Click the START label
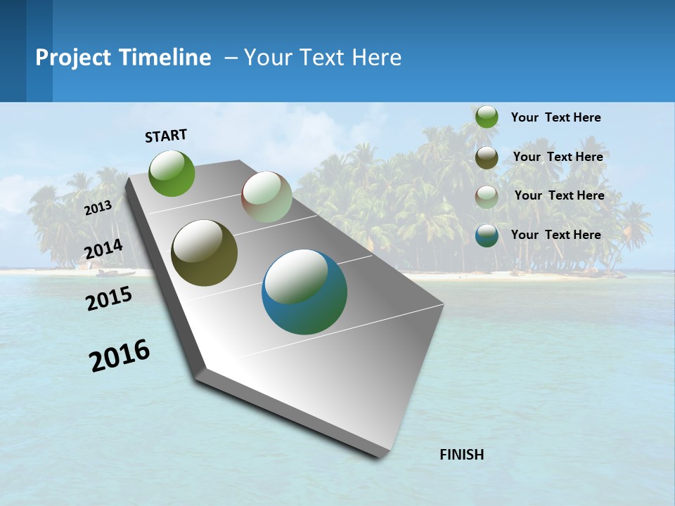[x=166, y=136]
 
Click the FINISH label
[x=461, y=455]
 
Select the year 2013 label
[x=98, y=208]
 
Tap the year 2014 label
[x=103, y=249]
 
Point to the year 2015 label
[x=109, y=299]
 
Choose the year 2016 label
[x=120, y=356]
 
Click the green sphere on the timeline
[x=172, y=173]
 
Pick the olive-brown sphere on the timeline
[x=204, y=253]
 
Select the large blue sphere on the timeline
[x=304, y=292]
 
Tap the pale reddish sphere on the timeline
[x=266, y=197]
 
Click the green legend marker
[x=487, y=117]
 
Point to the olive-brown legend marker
[x=487, y=157]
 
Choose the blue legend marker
[x=487, y=235]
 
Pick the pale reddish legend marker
[x=487, y=196]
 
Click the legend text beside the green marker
[x=555, y=117]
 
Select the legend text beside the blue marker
[x=555, y=235]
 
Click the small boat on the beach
[x=112, y=273]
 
